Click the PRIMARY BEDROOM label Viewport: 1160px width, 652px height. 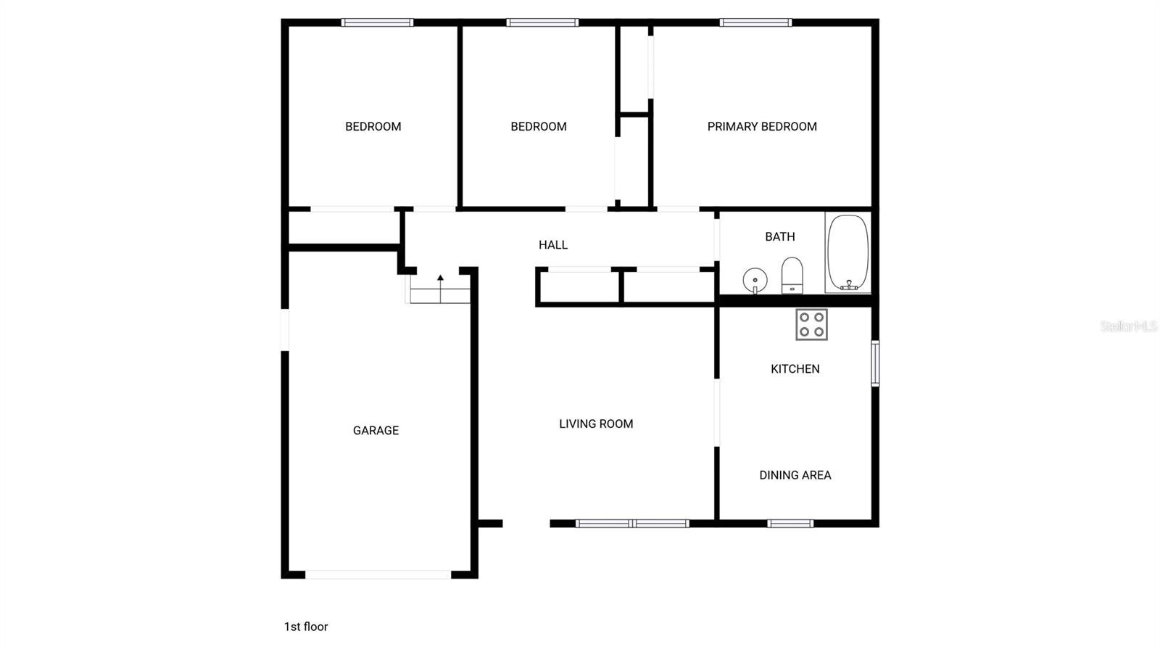pos(762,126)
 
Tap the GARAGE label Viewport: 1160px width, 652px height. pos(376,430)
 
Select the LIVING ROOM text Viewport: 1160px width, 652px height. pos(596,424)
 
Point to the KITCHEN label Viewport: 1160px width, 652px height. pos(795,368)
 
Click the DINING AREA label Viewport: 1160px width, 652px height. pos(795,475)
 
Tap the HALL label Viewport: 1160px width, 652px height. pos(553,244)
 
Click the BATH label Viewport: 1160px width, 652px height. pos(780,236)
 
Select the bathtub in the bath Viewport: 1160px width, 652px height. pos(848,252)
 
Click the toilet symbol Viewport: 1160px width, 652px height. pos(792,276)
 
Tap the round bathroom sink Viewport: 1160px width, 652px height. pos(755,280)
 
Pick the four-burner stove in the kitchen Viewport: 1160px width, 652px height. pos(811,324)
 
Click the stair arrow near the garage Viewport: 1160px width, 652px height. pos(440,279)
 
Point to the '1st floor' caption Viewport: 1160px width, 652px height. pos(306,627)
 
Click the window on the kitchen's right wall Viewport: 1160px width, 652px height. pos(875,363)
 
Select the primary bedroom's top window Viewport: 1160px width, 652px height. pos(755,22)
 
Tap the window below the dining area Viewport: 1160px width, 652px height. pos(790,523)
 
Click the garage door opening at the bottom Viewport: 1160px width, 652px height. pos(378,574)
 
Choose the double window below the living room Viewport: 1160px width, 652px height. pos(632,523)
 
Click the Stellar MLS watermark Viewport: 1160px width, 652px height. pos(1128,326)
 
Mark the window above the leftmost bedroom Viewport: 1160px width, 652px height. pos(377,22)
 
